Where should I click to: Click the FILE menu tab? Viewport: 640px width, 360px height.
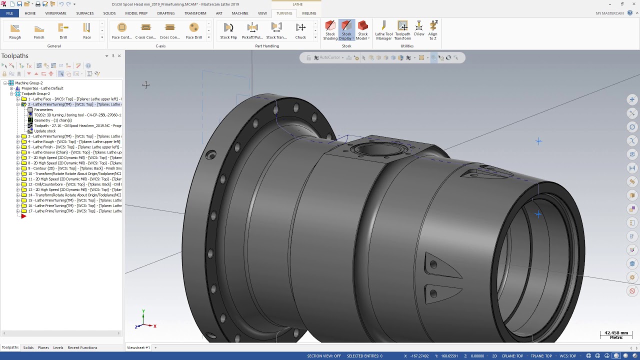point(9,13)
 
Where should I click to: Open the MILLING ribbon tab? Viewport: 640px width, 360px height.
point(309,13)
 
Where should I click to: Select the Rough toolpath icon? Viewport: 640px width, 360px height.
point(15,30)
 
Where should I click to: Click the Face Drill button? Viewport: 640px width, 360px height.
point(193,30)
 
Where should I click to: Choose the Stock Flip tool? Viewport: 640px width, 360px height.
point(228,30)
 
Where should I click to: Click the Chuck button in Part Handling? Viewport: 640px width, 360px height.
point(300,30)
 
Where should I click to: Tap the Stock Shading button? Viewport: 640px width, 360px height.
point(330,30)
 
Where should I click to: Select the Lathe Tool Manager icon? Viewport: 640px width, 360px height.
point(383,30)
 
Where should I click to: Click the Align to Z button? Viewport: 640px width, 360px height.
point(433,30)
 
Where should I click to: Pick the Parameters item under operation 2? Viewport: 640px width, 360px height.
point(43,109)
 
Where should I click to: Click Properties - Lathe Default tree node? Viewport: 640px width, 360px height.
point(42,88)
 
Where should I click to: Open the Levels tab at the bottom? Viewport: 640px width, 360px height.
point(58,347)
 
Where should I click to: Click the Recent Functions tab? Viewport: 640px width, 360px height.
point(82,347)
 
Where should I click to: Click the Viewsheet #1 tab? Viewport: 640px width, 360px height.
point(138,347)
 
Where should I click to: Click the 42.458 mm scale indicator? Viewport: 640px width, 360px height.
point(616,334)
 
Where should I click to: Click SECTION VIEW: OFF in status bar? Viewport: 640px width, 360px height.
point(324,356)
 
